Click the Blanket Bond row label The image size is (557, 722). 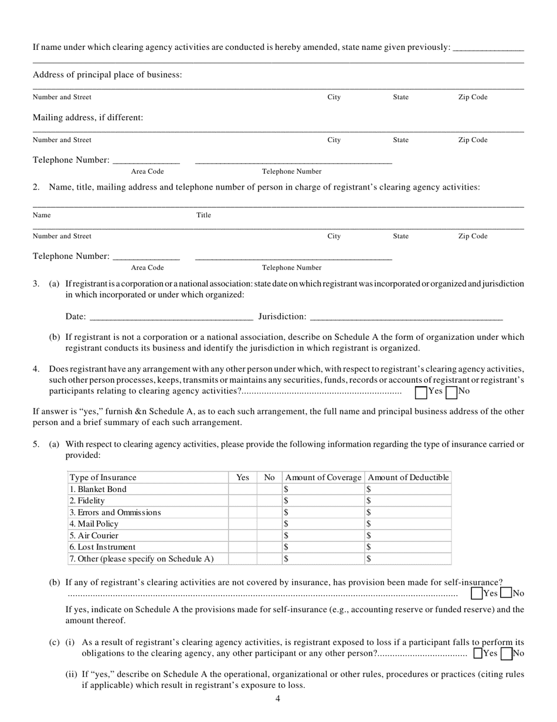pyautogui.click(x=98, y=489)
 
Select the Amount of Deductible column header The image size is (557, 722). pyautogui.click(x=408, y=478)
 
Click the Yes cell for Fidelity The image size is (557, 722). pyautogui.click(x=242, y=501)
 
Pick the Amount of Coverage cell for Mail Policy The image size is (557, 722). pyautogui.click(x=322, y=524)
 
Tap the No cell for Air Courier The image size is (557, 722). pyautogui.click(x=269, y=536)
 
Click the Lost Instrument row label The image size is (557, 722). pyautogui.click(x=103, y=547)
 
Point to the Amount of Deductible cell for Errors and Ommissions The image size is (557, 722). pyautogui.click(x=408, y=512)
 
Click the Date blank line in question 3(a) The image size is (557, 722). pyautogui.click(x=170, y=318)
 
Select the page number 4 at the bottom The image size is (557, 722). pyautogui.click(x=278, y=699)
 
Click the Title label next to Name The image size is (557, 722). pyautogui.click(x=203, y=215)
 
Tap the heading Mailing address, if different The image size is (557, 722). pyautogui.click(x=88, y=118)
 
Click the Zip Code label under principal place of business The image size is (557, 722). pyautogui.click(x=473, y=97)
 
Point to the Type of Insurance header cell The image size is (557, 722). pyautogui.click(x=103, y=478)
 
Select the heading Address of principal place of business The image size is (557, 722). pyautogui.click(x=107, y=75)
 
